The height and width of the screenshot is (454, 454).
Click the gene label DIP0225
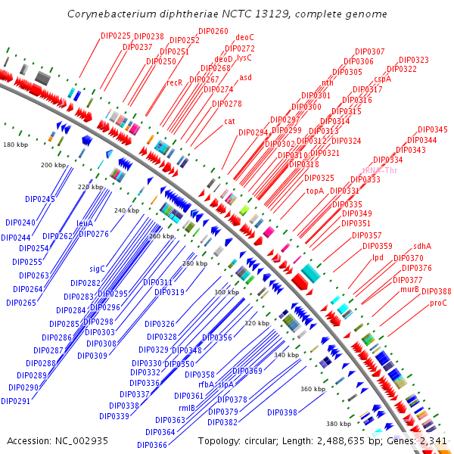(x=116, y=36)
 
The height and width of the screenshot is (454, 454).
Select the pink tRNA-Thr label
(x=380, y=170)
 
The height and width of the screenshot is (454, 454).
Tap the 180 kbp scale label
(x=15, y=144)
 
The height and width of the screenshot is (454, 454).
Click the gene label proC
(x=438, y=303)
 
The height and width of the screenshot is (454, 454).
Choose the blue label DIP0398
(x=282, y=412)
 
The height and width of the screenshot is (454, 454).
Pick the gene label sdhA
(x=422, y=246)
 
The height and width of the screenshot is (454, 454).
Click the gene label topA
(x=315, y=191)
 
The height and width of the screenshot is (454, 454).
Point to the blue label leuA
(x=85, y=224)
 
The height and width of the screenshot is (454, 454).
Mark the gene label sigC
(x=97, y=269)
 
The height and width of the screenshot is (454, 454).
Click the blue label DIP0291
(x=15, y=401)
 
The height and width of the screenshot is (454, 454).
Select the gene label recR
(x=175, y=82)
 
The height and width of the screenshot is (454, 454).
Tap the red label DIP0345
(x=432, y=130)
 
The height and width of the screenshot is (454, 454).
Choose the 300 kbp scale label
(x=226, y=292)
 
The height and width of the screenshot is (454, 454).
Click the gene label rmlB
(x=187, y=408)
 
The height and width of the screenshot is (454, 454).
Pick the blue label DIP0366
(x=152, y=445)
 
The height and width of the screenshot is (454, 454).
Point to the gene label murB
(x=409, y=289)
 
